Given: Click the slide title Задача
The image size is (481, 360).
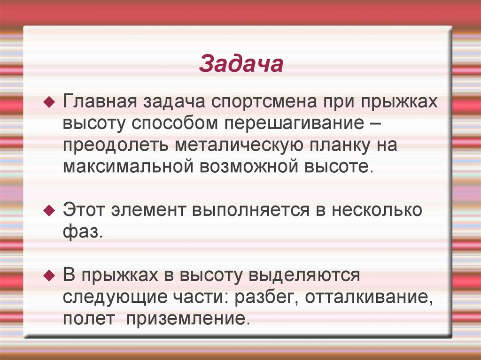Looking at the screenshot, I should point(241,65).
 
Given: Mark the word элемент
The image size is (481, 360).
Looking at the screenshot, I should point(148,210).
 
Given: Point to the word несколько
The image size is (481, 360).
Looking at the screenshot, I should point(376,210).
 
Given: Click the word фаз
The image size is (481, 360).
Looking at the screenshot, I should point(82,231).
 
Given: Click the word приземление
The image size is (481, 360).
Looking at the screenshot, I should point(185,318).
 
